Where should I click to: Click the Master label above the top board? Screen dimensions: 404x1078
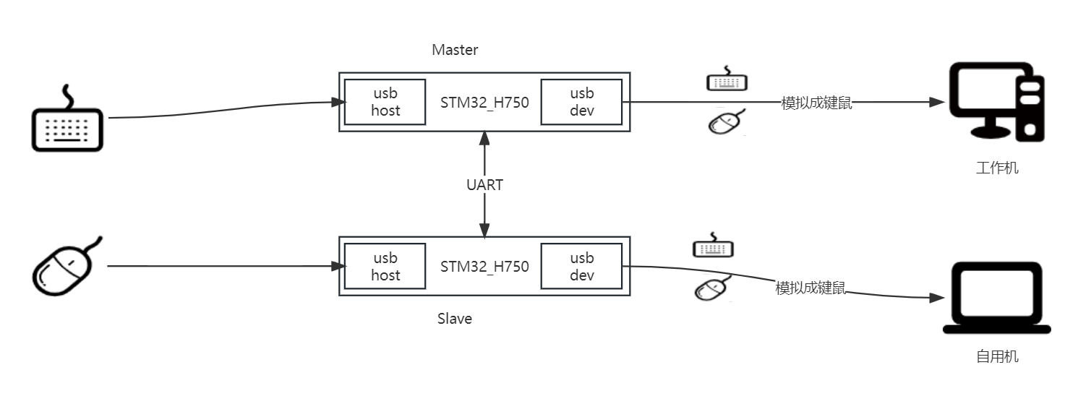click(x=455, y=50)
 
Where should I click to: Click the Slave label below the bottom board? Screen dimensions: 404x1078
click(x=455, y=319)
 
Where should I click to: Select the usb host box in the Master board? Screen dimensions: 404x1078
click(x=385, y=102)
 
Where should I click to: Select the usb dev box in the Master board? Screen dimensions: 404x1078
click(x=582, y=102)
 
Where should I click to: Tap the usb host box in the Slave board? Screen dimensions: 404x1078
click(x=385, y=267)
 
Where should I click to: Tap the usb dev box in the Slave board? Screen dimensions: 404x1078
click(x=582, y=267)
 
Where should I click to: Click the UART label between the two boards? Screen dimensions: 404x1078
click(x=484, y=185)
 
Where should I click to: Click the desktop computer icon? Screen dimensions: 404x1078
click(x=996, y=101)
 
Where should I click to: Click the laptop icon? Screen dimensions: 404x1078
click(x=997, y=298)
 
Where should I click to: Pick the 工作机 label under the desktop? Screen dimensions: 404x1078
click(x=997, y=168)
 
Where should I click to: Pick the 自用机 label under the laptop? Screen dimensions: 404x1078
click(x=997, y=357)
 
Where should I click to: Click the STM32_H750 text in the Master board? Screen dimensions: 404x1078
click(x=484, y=102)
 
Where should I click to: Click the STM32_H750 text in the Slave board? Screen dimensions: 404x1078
click(x=484, y=267)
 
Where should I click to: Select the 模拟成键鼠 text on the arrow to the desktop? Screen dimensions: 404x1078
click(x=817, y=103)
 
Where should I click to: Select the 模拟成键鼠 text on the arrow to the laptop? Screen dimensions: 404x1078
click(x=810, y=288)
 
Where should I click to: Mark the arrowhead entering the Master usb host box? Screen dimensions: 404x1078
click(x=336, y=103)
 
